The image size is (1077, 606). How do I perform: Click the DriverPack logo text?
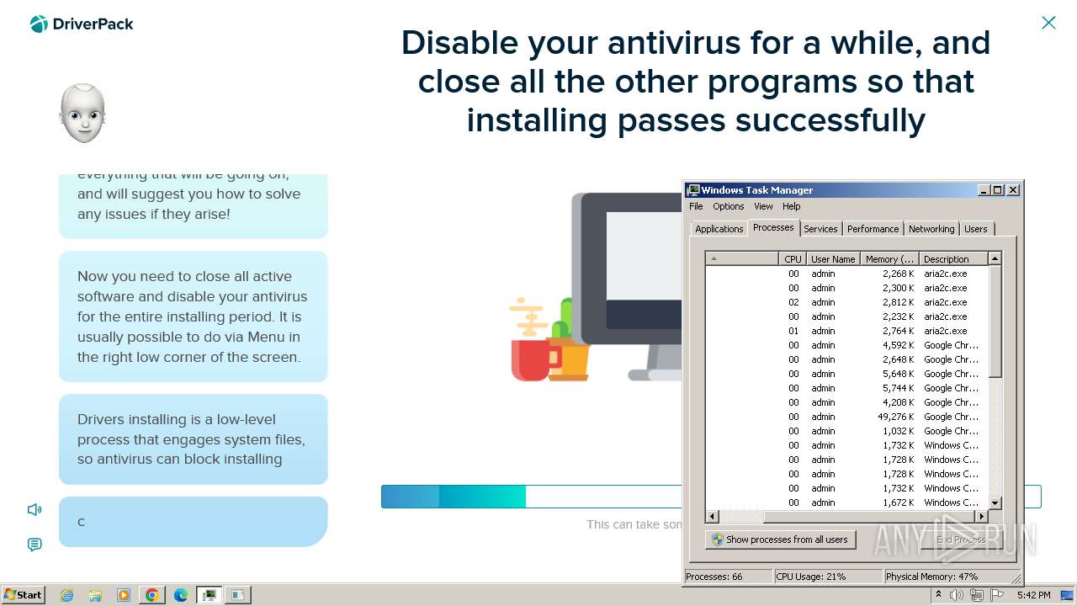tap(93, 24)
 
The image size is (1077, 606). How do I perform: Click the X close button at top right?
tap(1048, 23)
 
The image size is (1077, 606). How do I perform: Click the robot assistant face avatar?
tap(82, 114)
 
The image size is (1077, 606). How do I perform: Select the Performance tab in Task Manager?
tap(873, 229)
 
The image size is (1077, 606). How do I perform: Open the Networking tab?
tap(931, 229)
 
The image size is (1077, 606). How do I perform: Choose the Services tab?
tap(820, 229)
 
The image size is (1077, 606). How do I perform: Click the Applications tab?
tap(719, 229)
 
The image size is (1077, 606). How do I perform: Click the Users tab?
tap(975, 229)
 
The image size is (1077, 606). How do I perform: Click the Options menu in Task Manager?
tap(728, 206)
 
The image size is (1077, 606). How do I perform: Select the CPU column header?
tap(793, 259)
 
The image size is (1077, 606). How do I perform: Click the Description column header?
tap(946, 259)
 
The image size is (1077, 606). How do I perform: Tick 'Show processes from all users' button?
tap(780, 540)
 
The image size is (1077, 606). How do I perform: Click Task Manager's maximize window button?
tap(998, 190)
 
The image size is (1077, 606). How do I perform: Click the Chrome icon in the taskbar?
tap(152, 595)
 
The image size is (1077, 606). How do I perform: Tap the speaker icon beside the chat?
tap(34, 509)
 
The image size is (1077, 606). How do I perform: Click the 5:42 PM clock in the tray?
tap(1033, 595)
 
